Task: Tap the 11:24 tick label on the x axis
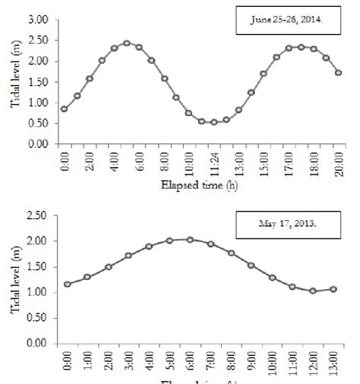pyautogui.click(x=214, y=164)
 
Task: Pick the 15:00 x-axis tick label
pyautogui.click(x=264, y=164)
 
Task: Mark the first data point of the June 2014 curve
pyautogui.click(x=65, y=109)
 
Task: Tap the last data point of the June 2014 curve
pyautogui.click(x=339, y=73)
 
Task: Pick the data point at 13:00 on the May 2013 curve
pyautogui.click(x=333, y=289)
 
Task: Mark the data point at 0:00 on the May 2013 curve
pyautogui.click(x=68, y=284)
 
